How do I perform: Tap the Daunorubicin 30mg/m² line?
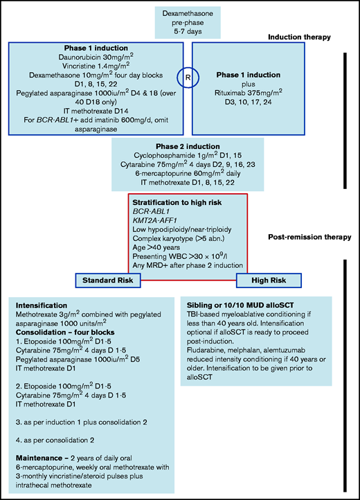pos(93,57)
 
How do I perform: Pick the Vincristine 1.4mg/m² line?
pos(93,66)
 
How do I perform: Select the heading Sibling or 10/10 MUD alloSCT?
pos(245,305)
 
